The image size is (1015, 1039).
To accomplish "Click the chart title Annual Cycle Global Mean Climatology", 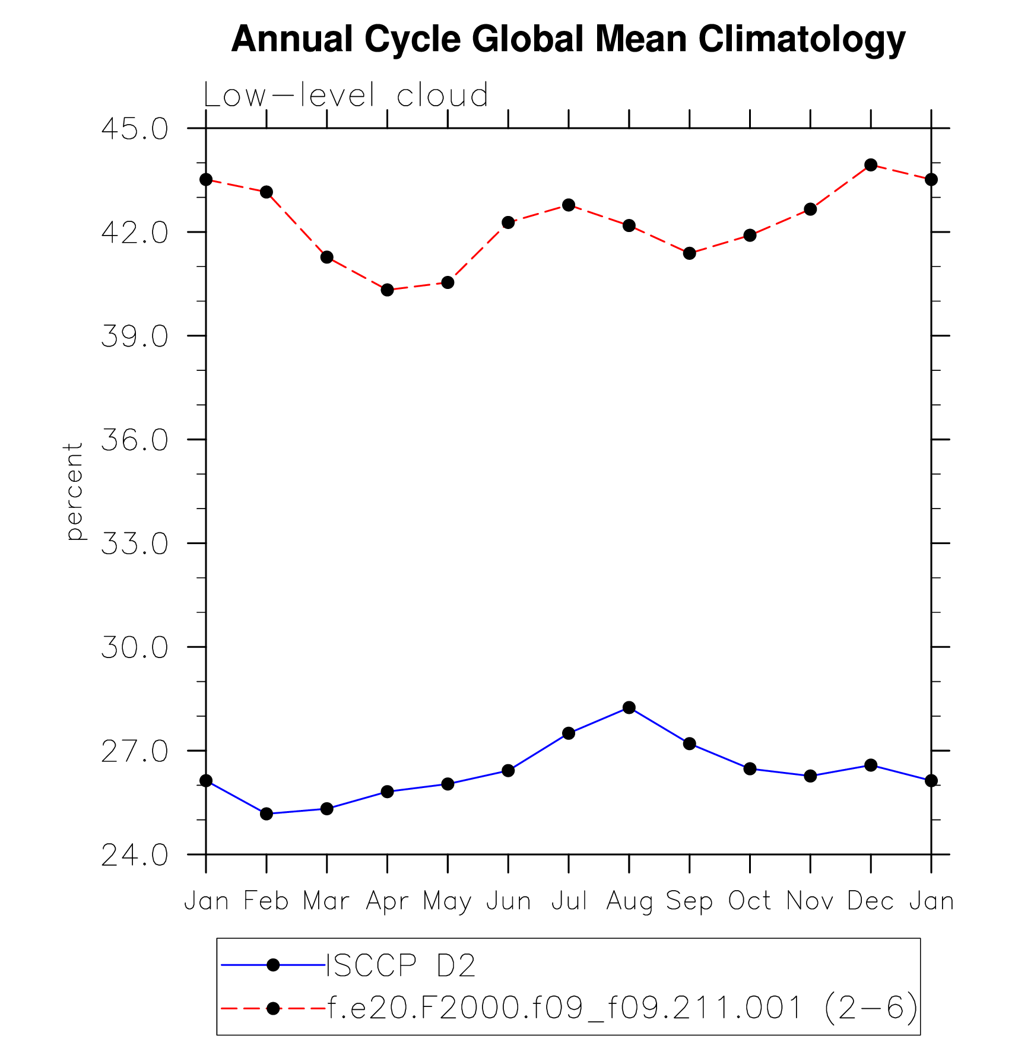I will (568, 39).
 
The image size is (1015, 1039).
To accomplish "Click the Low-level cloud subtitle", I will (345, 96).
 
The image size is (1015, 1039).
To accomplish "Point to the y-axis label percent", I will (74, 491).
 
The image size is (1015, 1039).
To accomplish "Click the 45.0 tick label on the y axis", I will (135, 129).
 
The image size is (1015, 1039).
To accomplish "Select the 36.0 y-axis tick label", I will (135, 440).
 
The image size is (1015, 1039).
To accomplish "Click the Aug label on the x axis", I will (629, 901).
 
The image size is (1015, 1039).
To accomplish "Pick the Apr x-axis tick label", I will (387, 901).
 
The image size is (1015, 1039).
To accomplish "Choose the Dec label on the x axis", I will (870, 901).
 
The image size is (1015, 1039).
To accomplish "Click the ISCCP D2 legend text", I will (401, 965).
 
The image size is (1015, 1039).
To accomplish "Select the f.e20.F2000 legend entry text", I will (622, 1007).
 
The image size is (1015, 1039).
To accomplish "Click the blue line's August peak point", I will (629, 707).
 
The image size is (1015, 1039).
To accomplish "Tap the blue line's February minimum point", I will (267, 814).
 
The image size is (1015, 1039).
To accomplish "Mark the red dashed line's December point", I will (871, 165).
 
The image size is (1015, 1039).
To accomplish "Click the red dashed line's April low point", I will (388, 290).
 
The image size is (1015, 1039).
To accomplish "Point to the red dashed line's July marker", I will (569, 205).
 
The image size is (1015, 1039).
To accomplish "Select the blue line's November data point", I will (810, 776).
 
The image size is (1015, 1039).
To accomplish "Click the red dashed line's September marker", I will (689, 253).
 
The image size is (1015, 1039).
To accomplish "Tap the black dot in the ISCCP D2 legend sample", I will (273, 965).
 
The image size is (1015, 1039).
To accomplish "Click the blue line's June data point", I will (508, 770).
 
